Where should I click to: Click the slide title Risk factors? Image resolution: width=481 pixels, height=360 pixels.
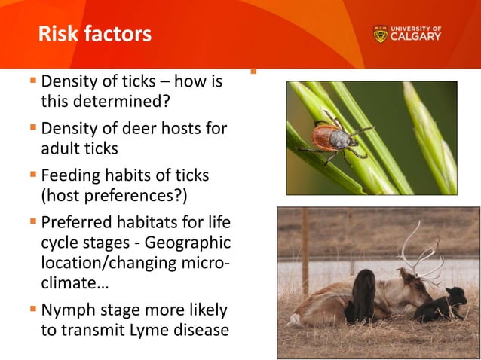click(x=94, y=34)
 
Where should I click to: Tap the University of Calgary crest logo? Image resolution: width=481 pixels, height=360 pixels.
click(x=380, y=35)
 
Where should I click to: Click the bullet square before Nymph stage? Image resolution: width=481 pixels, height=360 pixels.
click(x=33, y=309)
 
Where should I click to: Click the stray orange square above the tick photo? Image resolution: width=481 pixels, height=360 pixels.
click(x=253, y=73)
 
